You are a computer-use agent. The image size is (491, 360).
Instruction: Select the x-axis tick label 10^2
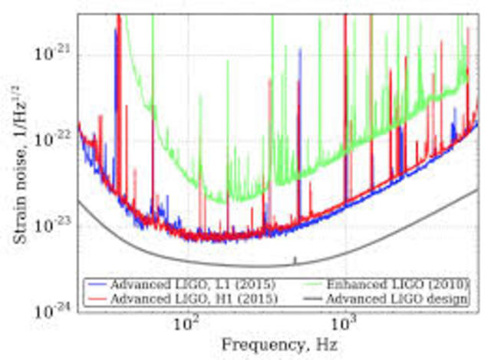pos(186,326)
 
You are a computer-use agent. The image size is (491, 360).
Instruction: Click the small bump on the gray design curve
pos(296,259)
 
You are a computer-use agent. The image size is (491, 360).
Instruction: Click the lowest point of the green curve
pos(222,201)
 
